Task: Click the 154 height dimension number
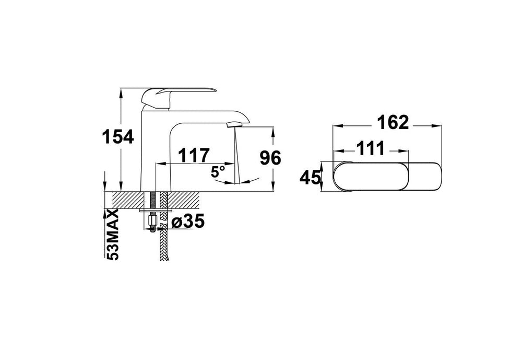pos(118,137)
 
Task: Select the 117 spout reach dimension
pos(194,155)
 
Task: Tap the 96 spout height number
pos(270,158)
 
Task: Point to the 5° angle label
pos(218,172)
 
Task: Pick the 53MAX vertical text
pos(113,235)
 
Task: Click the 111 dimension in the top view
pos(370,148)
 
